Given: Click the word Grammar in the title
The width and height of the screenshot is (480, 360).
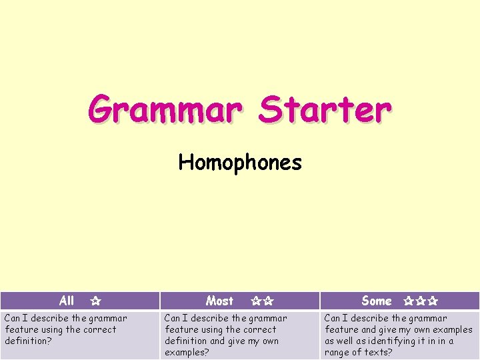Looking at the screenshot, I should [x=163, y=110].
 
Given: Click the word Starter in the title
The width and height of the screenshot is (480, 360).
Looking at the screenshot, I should [x=325, y=110].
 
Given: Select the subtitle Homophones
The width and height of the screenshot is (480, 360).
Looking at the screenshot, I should [x=240, y=162].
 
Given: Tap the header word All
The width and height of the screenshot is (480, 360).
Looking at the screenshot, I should [x=67, y=301].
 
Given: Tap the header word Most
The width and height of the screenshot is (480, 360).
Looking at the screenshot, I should [x=219, y=301].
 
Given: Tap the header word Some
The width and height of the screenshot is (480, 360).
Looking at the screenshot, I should [x=377, y=301].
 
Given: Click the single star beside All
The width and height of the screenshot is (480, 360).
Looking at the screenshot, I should [x=95, y=301].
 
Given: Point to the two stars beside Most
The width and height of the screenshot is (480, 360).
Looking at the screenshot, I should [x=262, y=301].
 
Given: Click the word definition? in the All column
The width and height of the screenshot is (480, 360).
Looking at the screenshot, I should [x=27, y=341].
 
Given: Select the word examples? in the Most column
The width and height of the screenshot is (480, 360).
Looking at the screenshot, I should [x=187, y=352].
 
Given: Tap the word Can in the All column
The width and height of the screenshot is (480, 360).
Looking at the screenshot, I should [x=13, y=318].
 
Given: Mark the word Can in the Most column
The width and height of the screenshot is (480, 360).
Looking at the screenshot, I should [x=173, y=318].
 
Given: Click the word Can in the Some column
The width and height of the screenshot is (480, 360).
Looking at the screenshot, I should [x=333, y=318].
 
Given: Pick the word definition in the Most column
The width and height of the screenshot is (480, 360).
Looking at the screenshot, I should [x=187, y=341].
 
